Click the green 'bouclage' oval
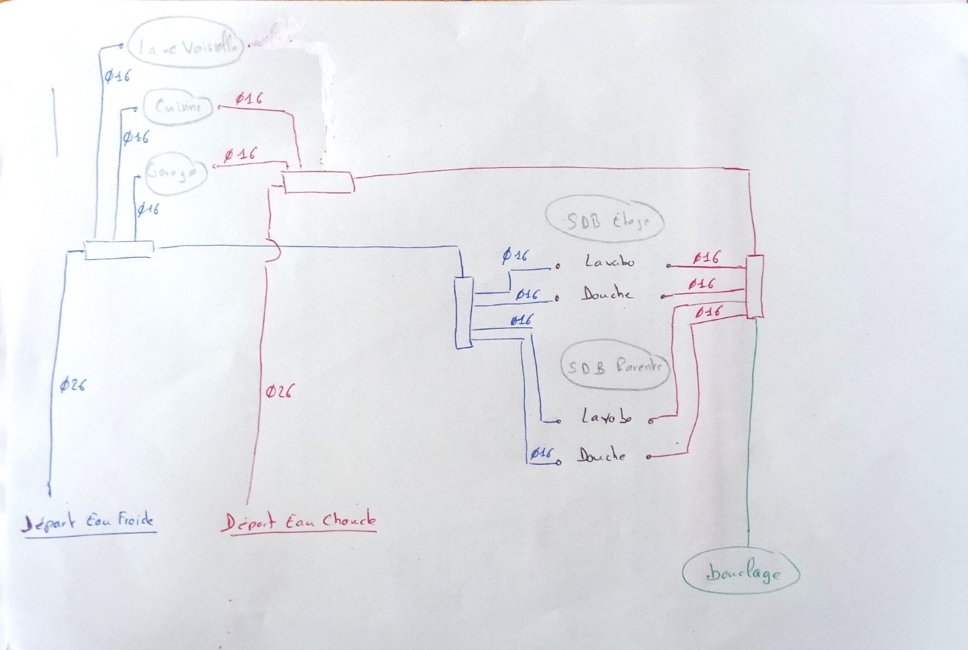click(x=741, y=574)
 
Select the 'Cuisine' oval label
click(x=179, y=109)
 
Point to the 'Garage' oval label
click(x=176, y=173)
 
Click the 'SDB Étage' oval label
click(x=604, y=221)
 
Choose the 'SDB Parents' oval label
click(x=616, y=369)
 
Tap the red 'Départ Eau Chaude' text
click(x=299, y=522)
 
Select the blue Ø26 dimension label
click(x=73, y=385)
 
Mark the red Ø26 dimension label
click(x=279, y=392)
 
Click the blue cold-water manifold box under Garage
click(x=119, y=250)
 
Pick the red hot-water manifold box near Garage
click(x=318, y=182)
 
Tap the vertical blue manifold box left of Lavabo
click(x=464, y=313)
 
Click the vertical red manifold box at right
click(x=755, y=286)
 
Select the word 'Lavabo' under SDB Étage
click(x=610, y=262)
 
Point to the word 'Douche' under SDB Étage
click(x=607, y=294)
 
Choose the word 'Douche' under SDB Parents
click(x=602, y=456)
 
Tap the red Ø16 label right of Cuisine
click(x=249, y=99)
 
